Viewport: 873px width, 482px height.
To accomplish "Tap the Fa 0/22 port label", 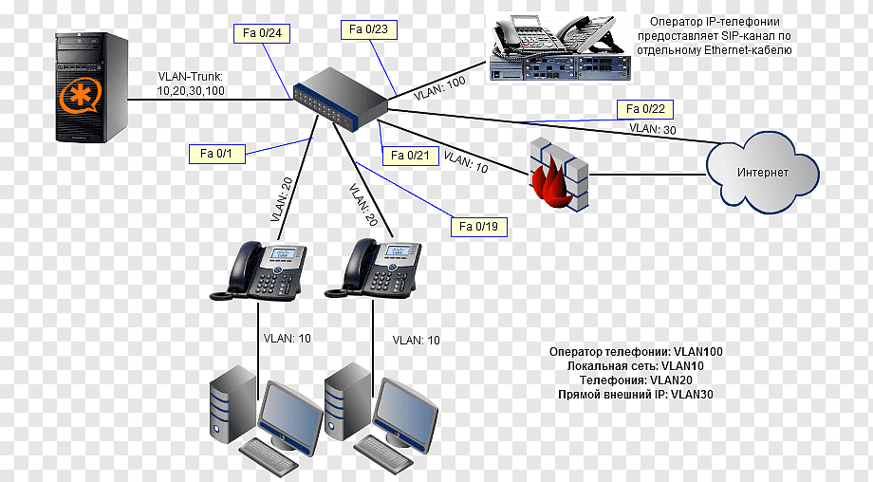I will (x=645, y=108).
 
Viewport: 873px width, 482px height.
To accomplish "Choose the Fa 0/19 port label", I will (x=479, y=227).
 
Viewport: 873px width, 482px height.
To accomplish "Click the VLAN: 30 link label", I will (x=652, y=128).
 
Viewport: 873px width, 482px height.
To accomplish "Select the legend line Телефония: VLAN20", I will (x=635, y=379).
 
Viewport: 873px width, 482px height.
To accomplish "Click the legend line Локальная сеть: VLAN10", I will (x=635, y=365).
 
